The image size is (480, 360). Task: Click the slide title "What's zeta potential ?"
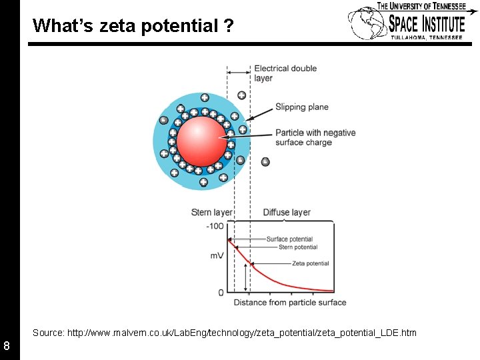coord(133,26)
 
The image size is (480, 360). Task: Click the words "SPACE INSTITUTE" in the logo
coord(427,24)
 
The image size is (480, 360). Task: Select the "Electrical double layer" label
coord(285,73)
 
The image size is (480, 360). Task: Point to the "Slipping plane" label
coord(302,107)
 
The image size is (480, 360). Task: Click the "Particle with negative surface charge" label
coord(315,137)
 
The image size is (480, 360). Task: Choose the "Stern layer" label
coord(211,213)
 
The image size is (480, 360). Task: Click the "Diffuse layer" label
coord(287,213)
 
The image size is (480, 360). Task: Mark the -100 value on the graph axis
coord(215,226)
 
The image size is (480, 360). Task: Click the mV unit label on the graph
coord(217,255)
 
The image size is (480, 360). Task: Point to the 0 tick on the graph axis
coord(221,293)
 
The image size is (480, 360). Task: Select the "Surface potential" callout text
coord(289,239)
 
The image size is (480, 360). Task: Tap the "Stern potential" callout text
coord(298,247)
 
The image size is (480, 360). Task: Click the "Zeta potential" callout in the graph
coord(311,263)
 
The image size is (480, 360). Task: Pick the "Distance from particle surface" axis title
coord(290,303)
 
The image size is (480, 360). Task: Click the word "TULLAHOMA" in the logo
coord(407,38)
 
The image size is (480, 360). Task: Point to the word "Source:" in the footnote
coord(48,332)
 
